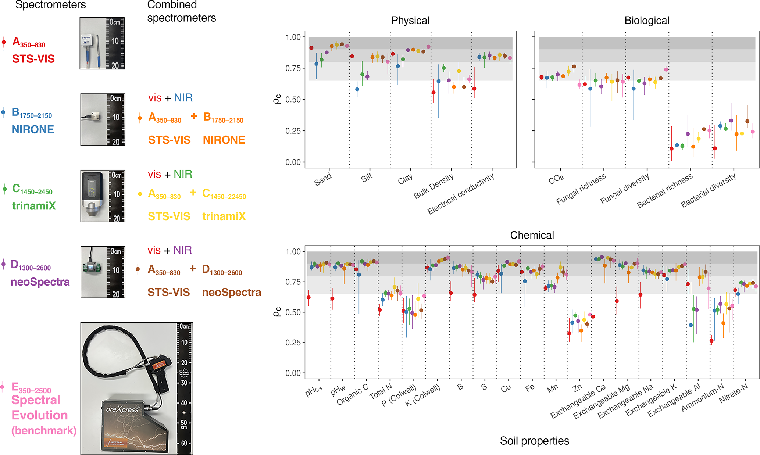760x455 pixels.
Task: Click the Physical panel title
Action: pyautogui.click(x=410, y=21)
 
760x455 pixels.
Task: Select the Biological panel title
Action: pyautogui.click(x=647, y=21)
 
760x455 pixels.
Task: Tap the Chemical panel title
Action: pyautogui.click(x=532, y=235)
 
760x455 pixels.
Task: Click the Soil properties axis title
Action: pyautogui.click(x=534, y=441)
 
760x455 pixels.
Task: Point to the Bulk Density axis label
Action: pyautogui.click(x=433, y=186)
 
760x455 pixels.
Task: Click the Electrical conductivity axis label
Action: pyautogui.click(x=461, y=194)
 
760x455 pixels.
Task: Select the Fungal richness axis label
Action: pyautogui.click(x=581, y=189)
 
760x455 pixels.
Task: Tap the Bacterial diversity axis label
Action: pyautogui.click(x=708, y=190)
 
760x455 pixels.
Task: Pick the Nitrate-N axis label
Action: pyautogui.click(x=734, y=393)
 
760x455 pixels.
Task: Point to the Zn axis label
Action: pyautogui.click(x=577, y=387)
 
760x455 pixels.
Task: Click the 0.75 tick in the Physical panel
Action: pyautogui.click(x=293, y=68)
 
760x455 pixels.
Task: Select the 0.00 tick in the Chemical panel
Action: pyautogui.click(x=293, y=373)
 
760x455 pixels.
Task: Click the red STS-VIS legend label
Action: pyautogui.click(x=33, y=59)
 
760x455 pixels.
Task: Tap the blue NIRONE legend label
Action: pyautogui.click(x=33, y=129)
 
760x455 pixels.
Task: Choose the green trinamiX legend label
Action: pyautogui.click(x=34, y=206)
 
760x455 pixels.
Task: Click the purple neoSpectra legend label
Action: pyautogui.click(x=40, y=282)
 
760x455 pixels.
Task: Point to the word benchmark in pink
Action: pyautogui.click(x=44, y=430)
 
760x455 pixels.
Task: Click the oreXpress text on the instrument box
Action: pyautogui.click(x=122, y=409)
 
